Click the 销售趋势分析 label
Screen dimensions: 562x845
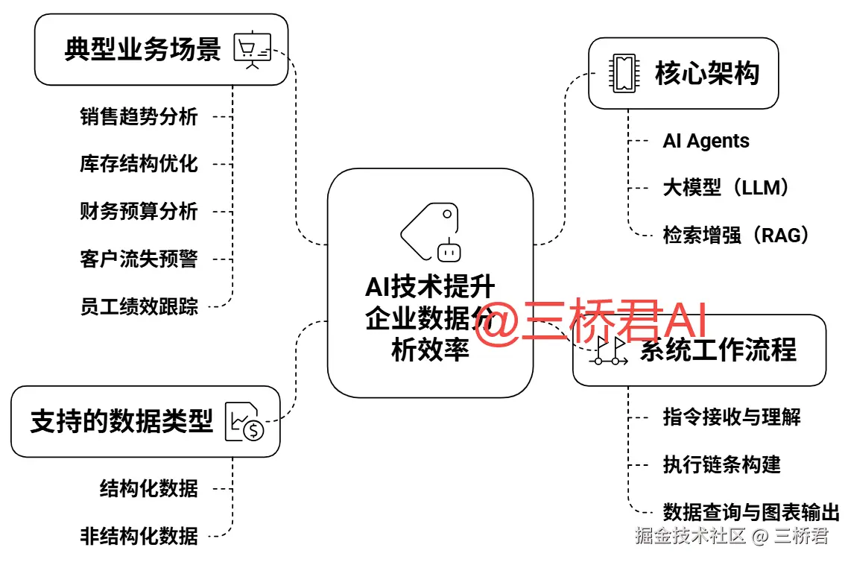[x=139, y=117]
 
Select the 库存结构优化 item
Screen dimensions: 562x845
[x=139, y=164]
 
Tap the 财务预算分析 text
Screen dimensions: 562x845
[x=139, y=212]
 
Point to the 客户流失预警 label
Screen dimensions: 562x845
[x=139, y=259]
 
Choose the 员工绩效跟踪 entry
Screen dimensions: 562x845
[x=139, y=306]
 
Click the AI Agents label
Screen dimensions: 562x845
[x=706, y=142]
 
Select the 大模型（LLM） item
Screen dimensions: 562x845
[x=725, y=188]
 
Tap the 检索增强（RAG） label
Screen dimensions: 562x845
[x=735, y=236]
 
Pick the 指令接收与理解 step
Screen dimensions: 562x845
[x=732, y=417]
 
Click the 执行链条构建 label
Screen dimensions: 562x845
[x=721, y=464]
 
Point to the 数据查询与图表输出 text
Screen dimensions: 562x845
[x=751, y=513]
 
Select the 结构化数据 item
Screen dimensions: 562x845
[x=149, y=489]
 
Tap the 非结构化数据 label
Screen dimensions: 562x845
[x=139, y=536]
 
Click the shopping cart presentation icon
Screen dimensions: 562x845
[x=253, y=51]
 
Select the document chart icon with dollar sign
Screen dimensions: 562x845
[x=245, y=423]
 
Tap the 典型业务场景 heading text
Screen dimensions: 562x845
[x=142, y=50]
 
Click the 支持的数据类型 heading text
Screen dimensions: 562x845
[x=121, y=421]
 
